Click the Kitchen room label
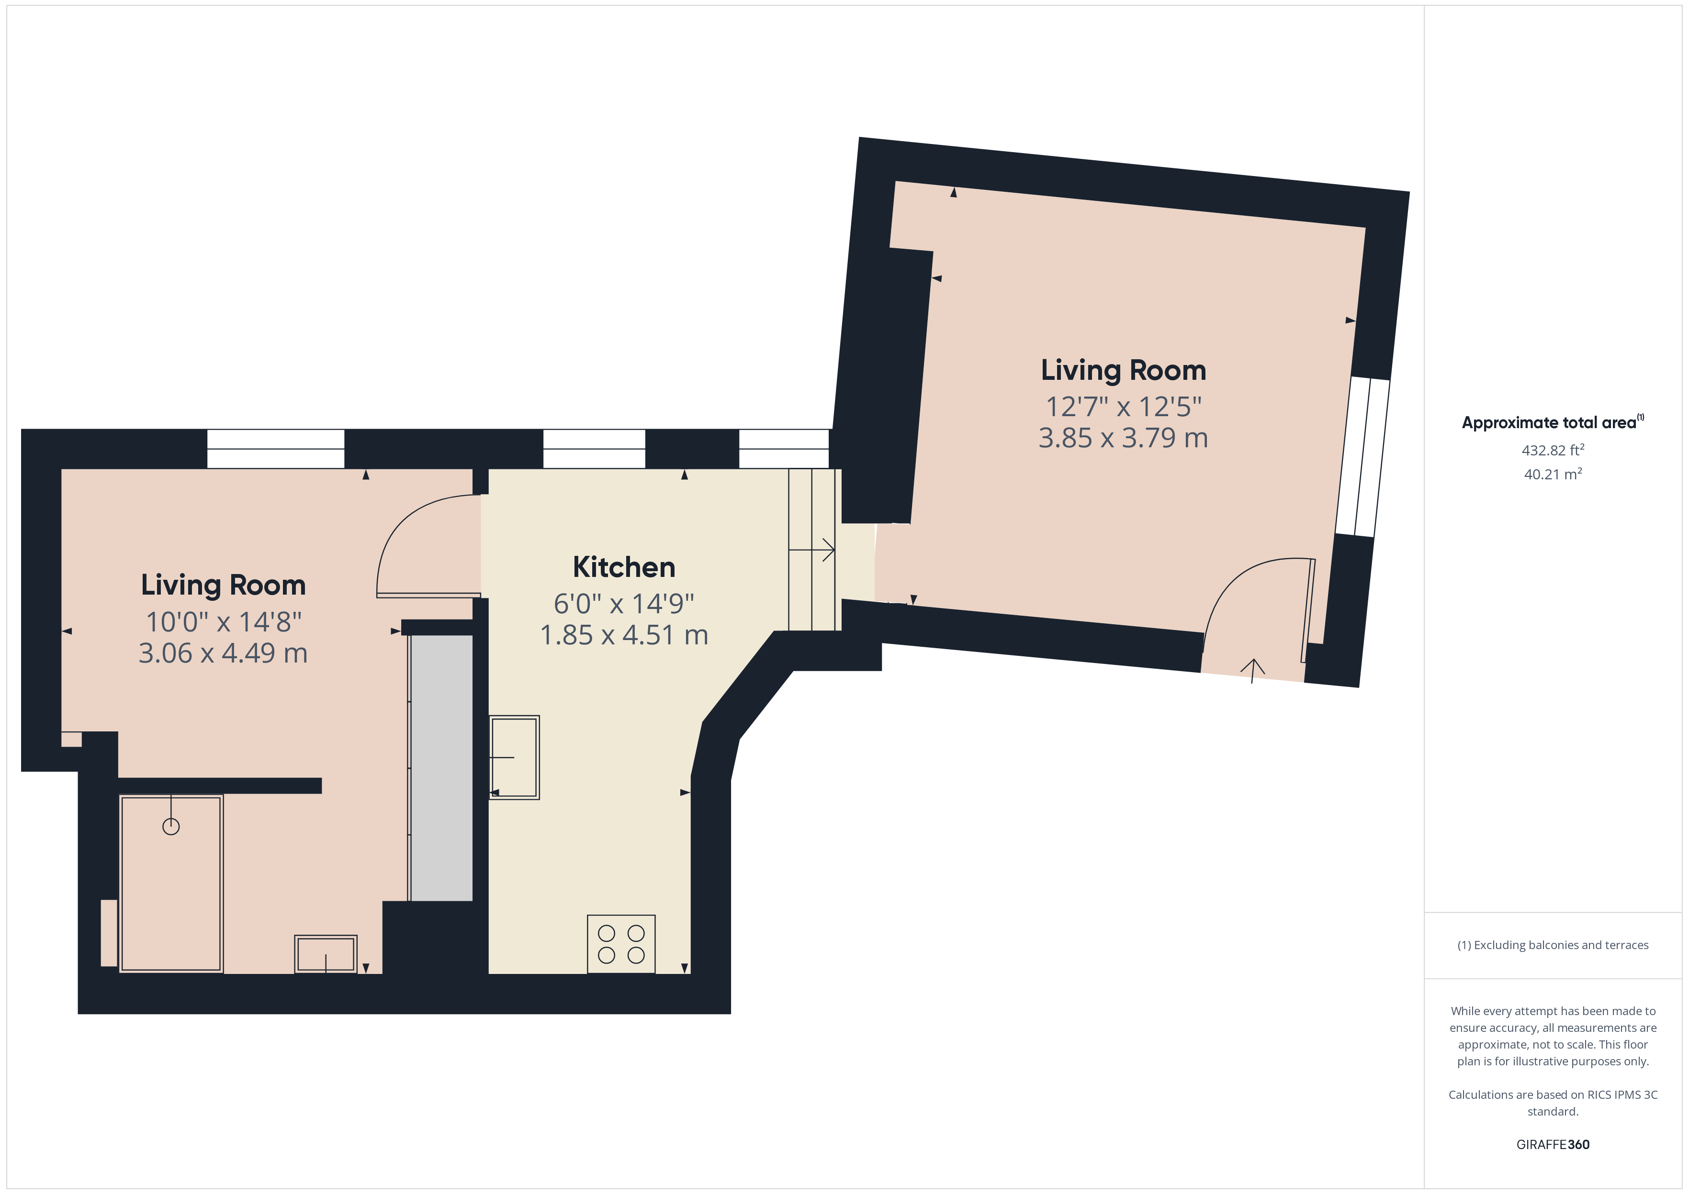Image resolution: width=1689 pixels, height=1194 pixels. pyautogui.click(x=624, y=568)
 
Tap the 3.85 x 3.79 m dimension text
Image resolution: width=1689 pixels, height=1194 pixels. pyautogui.click(x=1123, y=438)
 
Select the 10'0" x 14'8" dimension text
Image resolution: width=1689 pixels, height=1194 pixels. pyautogui.click(x=224, y=622)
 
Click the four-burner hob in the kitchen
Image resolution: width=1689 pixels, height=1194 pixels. pyautogui.click(x=621, y=944)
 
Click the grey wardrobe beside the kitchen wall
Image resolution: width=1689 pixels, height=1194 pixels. pyautogui.click(x=440, y=768)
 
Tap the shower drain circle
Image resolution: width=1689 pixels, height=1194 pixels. pyautogui.click(x=170, y=827)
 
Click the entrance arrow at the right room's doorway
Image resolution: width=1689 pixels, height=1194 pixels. pyautogui.click(x=1253, y=670)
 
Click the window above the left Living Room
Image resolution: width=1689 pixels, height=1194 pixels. pyautogui.click(x=275, y=449)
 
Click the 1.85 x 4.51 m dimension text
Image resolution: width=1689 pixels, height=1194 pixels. pyautogui.click(x=624, y=635)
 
